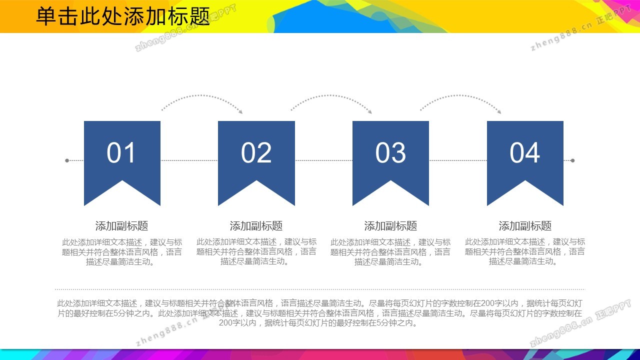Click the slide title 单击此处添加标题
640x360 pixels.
[123, 16]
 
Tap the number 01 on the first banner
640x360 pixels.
[121, 153]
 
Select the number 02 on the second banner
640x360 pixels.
[256, 153]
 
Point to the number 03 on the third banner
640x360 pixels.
[390, 153]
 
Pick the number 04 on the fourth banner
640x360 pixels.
[524, 153]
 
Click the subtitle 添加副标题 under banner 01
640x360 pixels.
[121, 225]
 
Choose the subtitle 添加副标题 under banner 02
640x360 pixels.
[256, 225]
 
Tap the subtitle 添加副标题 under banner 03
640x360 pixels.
[390, 225]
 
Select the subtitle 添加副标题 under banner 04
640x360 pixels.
[525, 225]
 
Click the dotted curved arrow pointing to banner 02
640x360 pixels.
[201, 95]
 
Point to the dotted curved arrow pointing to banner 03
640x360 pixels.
[331, 95]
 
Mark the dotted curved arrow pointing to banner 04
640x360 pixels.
[460, 95]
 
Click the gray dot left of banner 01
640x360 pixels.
[67, 160]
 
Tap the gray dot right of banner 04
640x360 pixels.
[572, 160]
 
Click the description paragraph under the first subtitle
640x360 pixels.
[122, 252]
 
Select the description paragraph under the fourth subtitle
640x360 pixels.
[525, 251]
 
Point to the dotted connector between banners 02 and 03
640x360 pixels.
[323, 160]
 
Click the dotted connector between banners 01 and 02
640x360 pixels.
[189, 160]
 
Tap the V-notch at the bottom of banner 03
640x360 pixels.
[390, 180]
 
